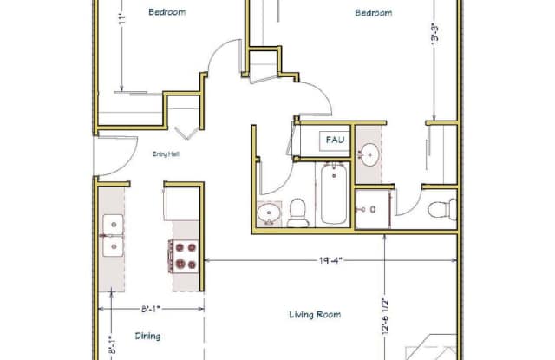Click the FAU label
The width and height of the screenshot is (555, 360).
pyautogui.click(x=335, y=140)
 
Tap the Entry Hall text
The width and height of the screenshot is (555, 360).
pyautogui.click(x=166, y=154)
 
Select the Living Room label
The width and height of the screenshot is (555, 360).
pyautogui.click(x=315, y=315)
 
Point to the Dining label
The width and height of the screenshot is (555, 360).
pyautogui.click(x=147, y=336)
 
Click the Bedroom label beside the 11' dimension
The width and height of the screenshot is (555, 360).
pyautogui.click(x=166, y=12)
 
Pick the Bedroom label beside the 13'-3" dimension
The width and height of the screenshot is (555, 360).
pyautogui.click(x=374, y=13)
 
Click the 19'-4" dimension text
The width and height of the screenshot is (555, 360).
pyautogui.click(x=330, y=261)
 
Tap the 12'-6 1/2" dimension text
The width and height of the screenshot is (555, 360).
pyautogui.click(x=385, y=316)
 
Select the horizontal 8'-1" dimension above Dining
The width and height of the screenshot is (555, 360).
pyautogui.click(x=151, y=309)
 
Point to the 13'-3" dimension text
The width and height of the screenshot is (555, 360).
pyautogui.click(x=435, y=34)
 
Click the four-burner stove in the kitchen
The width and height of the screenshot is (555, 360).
pyautogui.click(x=183, y=256)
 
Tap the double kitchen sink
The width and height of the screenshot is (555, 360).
pyautogui.click(x=113, y=235)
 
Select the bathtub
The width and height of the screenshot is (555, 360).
pyautogui.click(x=334, y=194)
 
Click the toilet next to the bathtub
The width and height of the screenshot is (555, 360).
pyautogui.click(x=297, y=213)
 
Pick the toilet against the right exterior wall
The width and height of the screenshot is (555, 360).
pyautogui.click(x=442, y=209)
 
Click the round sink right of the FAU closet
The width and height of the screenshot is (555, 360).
pyautogui.click(x=370, y=154)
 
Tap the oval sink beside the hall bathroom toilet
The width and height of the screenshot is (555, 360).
pyautogui.click(x=269, y=213)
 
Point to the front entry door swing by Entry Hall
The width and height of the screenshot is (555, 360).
pyautogui.click(x=115, y=156)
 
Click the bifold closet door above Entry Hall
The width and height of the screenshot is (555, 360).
pyautogui.click(x=186, y=133)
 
